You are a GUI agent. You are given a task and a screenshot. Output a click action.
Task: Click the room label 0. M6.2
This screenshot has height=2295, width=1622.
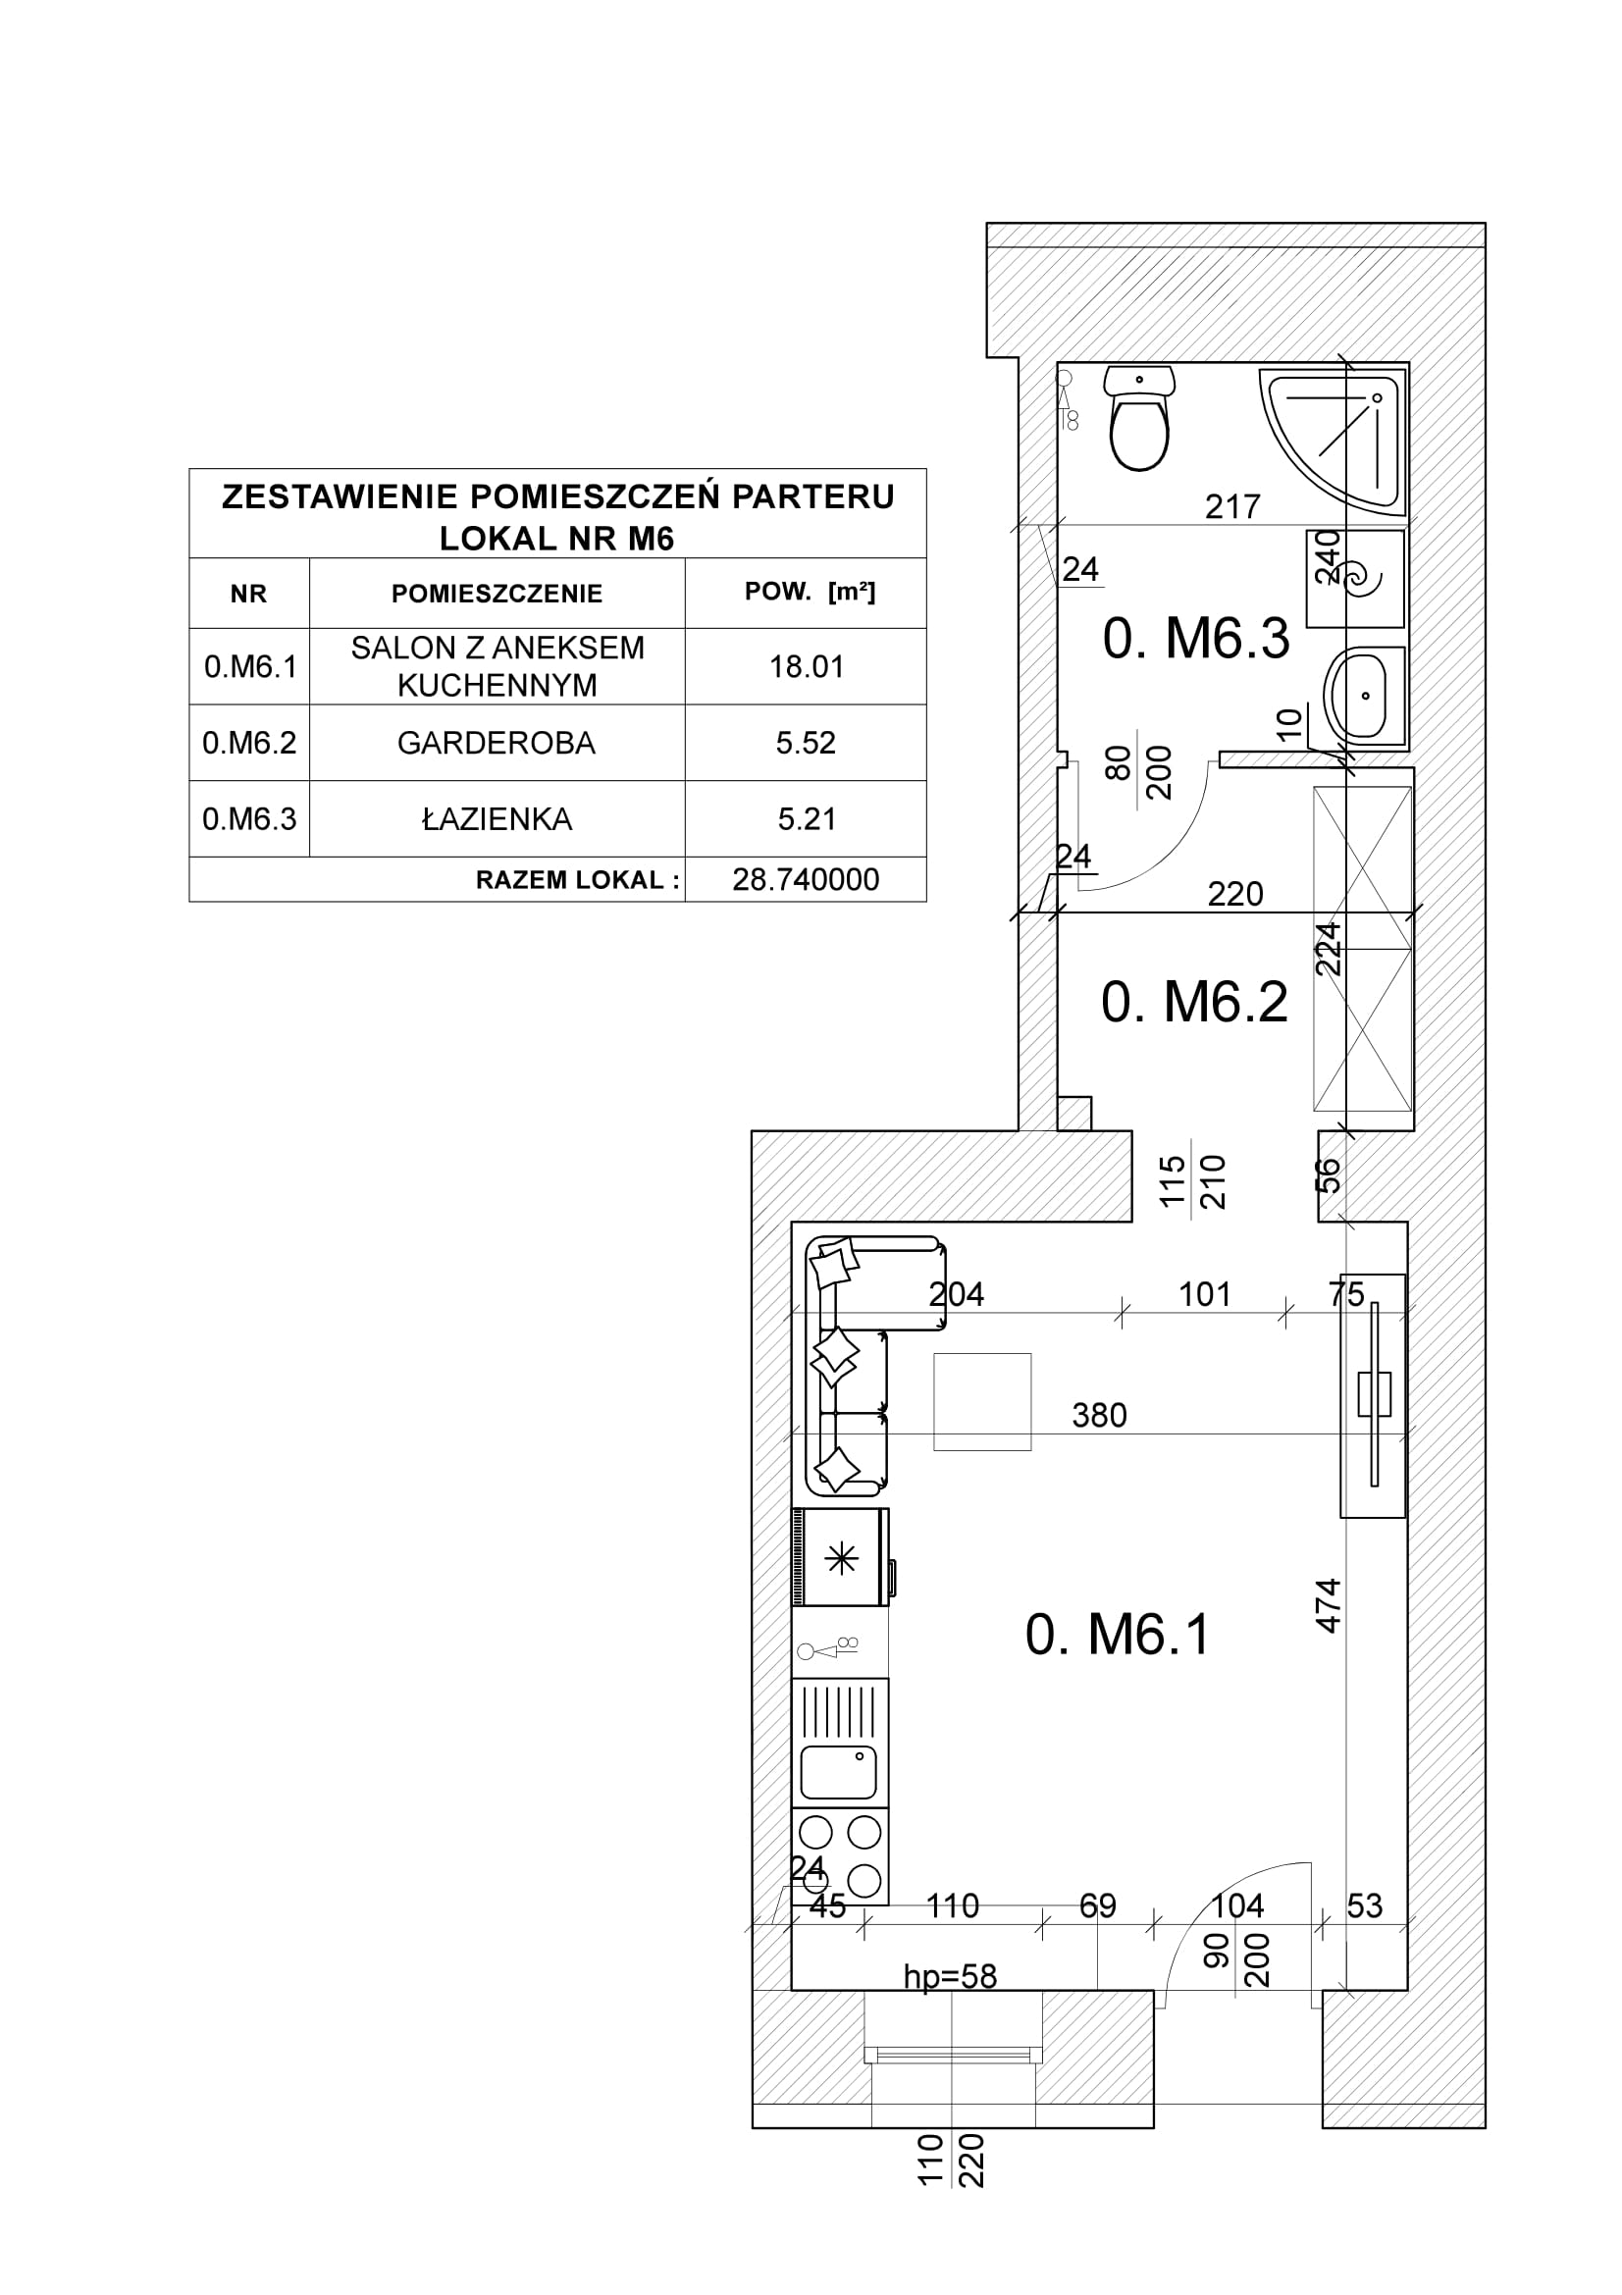(1194, 1002)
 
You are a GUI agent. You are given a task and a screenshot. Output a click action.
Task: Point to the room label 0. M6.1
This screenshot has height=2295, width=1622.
(1118, 1637)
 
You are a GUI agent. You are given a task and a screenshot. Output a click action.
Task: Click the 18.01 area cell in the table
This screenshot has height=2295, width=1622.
(807, 666)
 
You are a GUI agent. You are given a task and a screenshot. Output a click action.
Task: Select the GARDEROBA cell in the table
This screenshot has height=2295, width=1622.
(496, 743)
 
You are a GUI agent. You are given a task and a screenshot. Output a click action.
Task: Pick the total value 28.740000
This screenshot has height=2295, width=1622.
(806, 879)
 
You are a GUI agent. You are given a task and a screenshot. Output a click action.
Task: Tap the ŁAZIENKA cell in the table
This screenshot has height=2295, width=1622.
(497, 818)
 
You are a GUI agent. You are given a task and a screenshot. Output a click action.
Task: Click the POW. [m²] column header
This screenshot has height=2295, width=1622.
(810, 592)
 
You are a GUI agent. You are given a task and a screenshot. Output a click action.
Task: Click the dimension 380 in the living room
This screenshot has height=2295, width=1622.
(1099, 1416)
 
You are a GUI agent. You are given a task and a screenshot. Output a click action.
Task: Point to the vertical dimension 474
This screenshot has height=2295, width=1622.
(1328, 1605)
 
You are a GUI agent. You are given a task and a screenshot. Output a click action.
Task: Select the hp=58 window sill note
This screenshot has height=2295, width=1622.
(951, 1976)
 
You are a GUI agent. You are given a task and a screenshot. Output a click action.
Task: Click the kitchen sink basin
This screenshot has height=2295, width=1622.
(839, 1772)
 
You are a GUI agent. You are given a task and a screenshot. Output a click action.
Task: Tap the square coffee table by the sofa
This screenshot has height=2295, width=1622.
(982, 1401)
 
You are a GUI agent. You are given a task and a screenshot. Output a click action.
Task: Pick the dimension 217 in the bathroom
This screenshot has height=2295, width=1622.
(1232, 506)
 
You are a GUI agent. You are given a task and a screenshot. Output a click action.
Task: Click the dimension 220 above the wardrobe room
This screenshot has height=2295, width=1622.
(1235, 894)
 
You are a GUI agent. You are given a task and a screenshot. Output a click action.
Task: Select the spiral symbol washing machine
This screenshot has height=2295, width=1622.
(1355, 578)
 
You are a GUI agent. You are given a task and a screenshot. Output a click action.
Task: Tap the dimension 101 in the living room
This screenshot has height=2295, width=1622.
(1204, 1294)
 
